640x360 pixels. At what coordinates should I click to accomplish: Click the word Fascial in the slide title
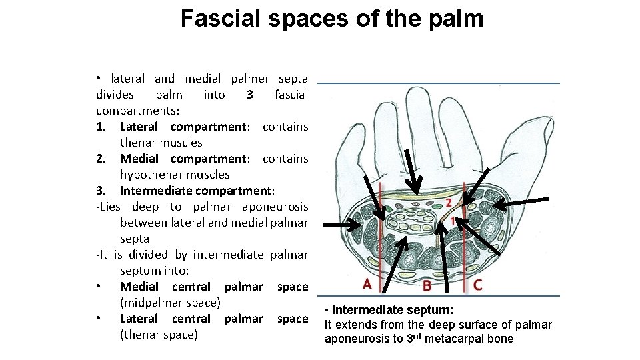coord(223,18)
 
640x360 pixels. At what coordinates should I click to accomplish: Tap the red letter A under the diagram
coord(367,284)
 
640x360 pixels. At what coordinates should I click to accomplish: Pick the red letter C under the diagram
coord(477,285)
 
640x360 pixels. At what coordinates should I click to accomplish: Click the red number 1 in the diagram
coord(453,220)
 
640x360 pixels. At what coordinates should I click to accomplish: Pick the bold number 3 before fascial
coord(249,95)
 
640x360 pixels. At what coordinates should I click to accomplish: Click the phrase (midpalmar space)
coord(170,303)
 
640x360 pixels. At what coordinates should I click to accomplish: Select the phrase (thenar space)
coord(159,335)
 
